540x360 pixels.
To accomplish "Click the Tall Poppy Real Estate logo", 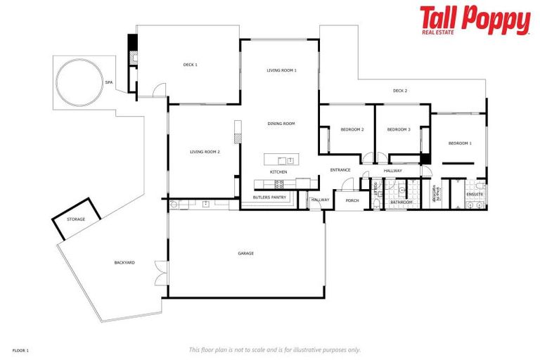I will [x=475, y=20].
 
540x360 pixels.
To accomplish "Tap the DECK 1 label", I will [x=190, y=65].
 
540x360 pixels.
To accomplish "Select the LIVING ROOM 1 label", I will [x=281, y=70].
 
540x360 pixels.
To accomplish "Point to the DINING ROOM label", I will [x=281, y=124].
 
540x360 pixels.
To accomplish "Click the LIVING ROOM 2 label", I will [x=205, y=151].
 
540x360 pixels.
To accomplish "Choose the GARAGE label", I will [x=246, y=253].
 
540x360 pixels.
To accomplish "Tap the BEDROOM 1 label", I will [x=460, y=143].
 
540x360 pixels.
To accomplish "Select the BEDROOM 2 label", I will [x=352, y=129].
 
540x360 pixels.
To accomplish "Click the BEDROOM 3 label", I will [x=399, y=129].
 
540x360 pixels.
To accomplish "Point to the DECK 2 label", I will [x=400, y=91].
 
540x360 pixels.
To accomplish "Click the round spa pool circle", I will [x=77, y=82].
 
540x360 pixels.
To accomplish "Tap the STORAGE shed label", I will [x=76, y=219].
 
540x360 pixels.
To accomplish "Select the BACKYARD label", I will [x=124, y=262].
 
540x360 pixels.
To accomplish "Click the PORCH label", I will [x=352, y=200].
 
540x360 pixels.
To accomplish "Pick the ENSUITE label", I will [x=475, y=194].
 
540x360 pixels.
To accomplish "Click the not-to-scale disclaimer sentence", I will [x=275, y=349].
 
